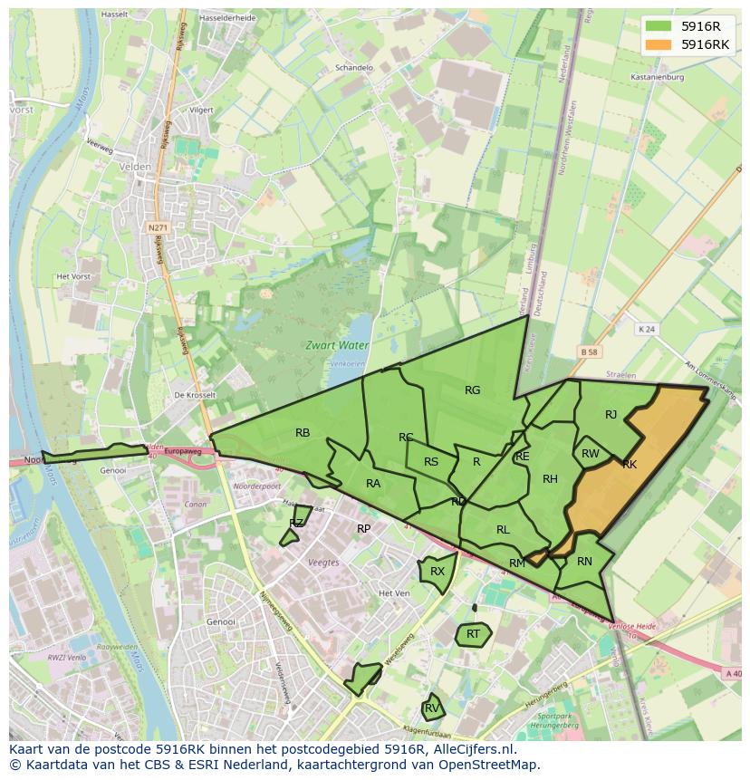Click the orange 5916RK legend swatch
[x=659, y=44]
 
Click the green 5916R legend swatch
[x=659, y=26]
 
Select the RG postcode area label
[x=472, y=390]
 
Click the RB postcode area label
[x=303, y=433]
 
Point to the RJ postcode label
[x=611, y=415]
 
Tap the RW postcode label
[x=590, y=454]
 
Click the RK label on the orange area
[x=630, y=465]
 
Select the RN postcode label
[x=584, y=562]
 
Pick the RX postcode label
[x=437, y=572]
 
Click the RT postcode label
[x=473, y=634]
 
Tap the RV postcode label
[x=432, y=708]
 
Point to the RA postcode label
[x=373, y=484]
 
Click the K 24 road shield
[x=645, y=329]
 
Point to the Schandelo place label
[x=354, y=68]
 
